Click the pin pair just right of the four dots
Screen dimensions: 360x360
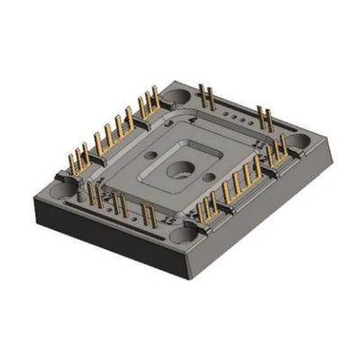coord(265,118)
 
